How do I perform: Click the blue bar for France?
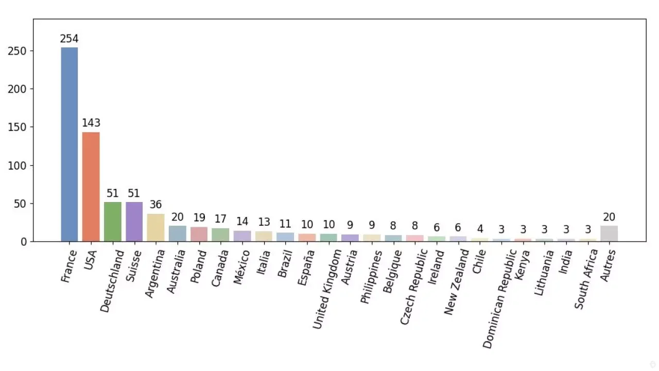click(x=70, y=144)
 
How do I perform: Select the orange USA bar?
click(x=91, y=187)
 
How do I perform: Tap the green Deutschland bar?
click(x=113, y=222)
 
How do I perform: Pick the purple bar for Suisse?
click(x=134, y=222)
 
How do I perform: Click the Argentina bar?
click(x=155, y=228)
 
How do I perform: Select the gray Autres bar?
click(x=609, y=233)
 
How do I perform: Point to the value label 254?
click(x=70, y=39)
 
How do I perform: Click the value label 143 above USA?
click(x=91, y=123)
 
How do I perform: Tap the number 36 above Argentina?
click(x=155, y=205)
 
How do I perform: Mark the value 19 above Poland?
click(x=199, y=217)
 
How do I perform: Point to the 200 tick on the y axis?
click(x=17, y=89)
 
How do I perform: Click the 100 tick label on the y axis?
click(x=17, y=166)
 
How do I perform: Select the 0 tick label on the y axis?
click(x=24, y=242)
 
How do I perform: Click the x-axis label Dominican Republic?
click(x=499, y=298)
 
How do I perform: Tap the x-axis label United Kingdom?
click(x=327, y=289)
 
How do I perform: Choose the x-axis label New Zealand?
click(x=456, y=282)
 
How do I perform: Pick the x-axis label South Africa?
click(x=586, y=279)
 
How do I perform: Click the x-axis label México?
click(x=241, y=267)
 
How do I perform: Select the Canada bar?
click(x=221, y=235)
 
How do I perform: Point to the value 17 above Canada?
click(x=221, y=219)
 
